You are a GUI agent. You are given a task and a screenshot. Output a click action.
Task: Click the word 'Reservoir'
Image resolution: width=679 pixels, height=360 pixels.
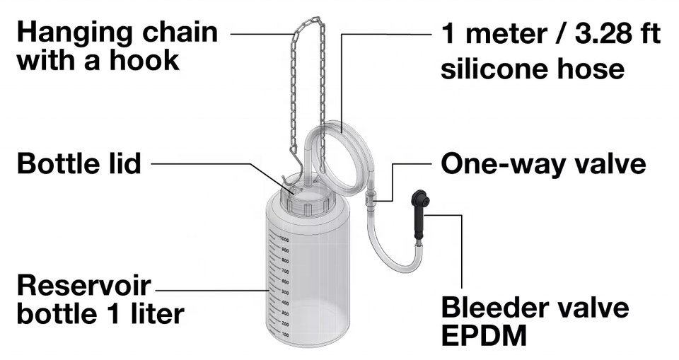coord(83,286)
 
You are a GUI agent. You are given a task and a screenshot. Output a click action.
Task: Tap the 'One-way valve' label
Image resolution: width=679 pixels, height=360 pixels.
coord(543,165)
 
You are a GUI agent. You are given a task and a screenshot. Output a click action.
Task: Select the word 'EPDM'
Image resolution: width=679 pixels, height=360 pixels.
coord(484,336)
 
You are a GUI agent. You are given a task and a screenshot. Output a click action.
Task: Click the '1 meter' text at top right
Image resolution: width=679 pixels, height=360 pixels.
coord(495,34)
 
